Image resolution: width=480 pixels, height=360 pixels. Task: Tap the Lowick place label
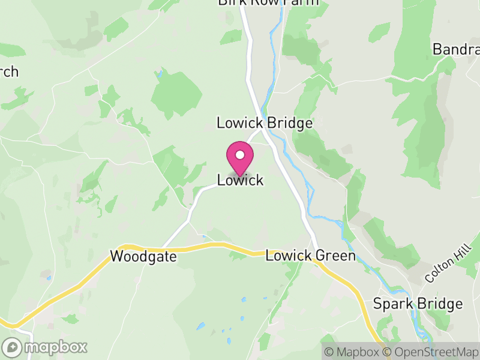pos(240,180)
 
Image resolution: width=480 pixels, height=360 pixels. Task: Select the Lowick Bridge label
pos(265,123)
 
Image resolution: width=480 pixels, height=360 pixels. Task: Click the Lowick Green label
pos(310,256)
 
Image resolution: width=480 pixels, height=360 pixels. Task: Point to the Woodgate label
pos(143,257)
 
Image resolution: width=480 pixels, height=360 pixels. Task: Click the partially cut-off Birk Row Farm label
pos(268,3)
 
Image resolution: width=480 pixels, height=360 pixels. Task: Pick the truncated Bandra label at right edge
pos(456,49)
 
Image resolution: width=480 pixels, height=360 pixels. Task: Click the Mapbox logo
pos(46,347)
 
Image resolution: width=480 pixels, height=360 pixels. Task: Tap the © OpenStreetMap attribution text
pos(433,352)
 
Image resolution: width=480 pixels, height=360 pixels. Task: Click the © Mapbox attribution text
pos(352,352)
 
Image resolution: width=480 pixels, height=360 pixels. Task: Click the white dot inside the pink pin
pos(240,154)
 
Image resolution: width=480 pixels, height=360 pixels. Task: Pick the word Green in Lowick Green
pos(335,256)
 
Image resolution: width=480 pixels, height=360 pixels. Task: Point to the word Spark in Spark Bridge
pos(393,304)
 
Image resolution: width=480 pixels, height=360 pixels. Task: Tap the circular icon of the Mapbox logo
pos(12,347)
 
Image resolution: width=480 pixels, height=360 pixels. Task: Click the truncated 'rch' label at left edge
pos(9,72)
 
